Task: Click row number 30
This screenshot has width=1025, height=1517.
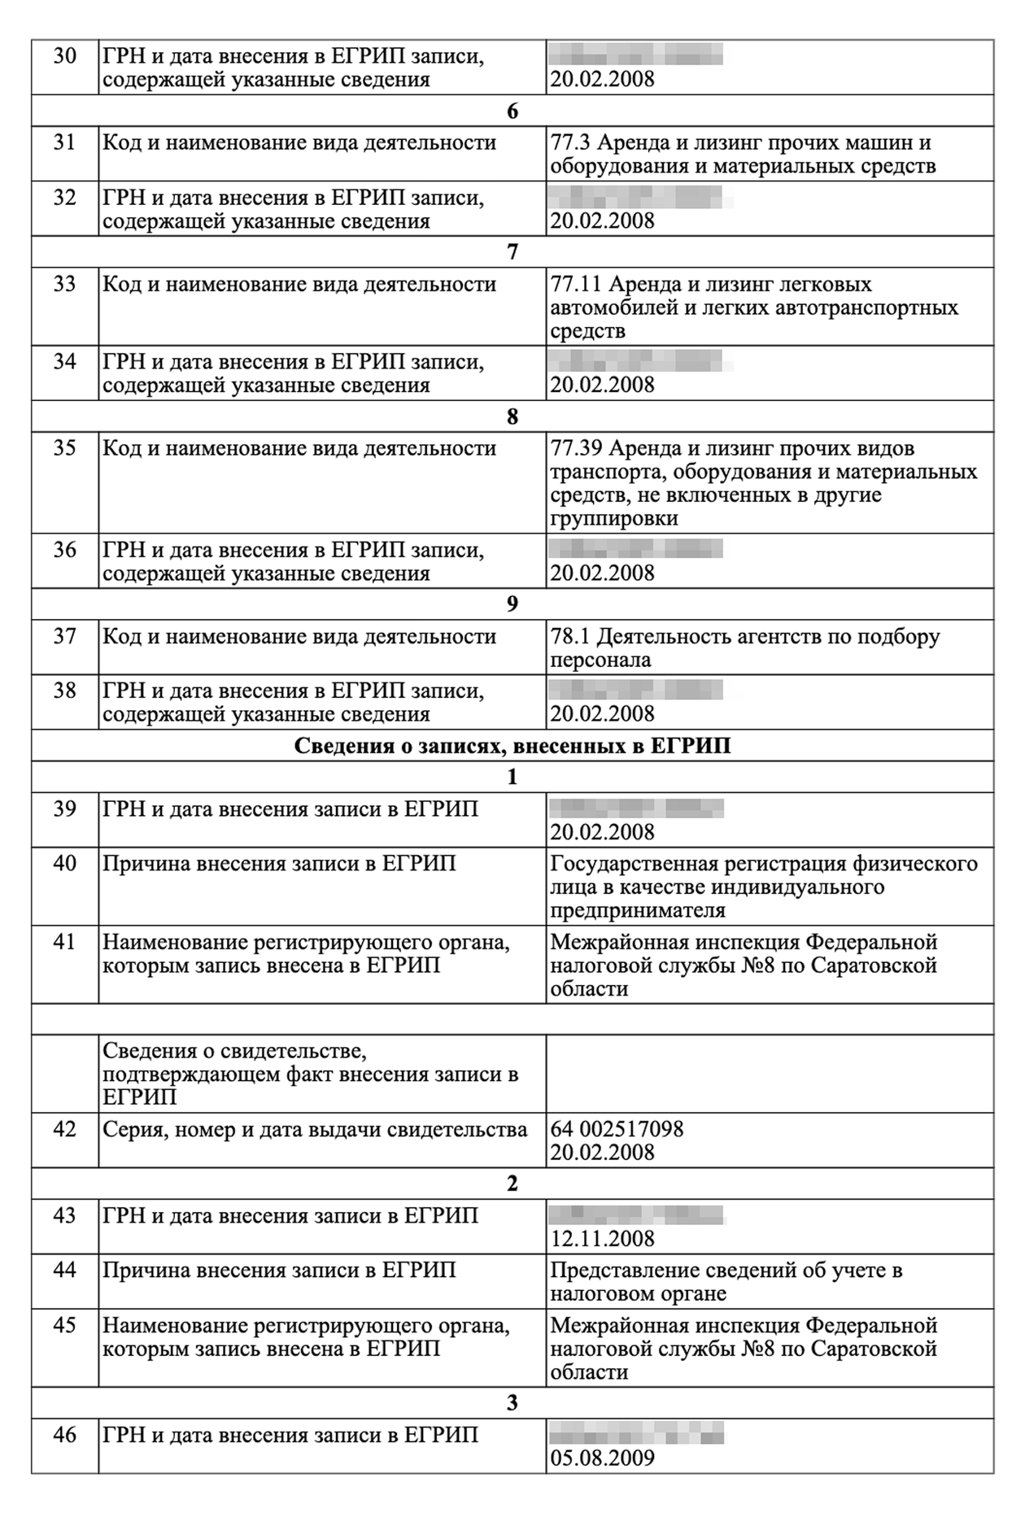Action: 64,56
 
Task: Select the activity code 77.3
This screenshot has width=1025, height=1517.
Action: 570,143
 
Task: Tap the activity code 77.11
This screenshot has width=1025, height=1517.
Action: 575,285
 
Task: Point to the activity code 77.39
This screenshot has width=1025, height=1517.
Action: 575,449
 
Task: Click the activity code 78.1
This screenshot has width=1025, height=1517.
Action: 570,637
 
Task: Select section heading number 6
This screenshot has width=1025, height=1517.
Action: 512,111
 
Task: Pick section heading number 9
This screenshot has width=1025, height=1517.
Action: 512,604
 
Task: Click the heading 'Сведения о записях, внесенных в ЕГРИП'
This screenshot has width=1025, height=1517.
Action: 512,746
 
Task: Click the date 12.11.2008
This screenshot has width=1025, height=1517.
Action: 602,1239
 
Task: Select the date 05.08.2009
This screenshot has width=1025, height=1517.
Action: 602,1458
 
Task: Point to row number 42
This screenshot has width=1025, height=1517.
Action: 64,1130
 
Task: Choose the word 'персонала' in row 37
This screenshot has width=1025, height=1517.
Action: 600,660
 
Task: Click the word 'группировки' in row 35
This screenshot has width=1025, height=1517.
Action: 614,519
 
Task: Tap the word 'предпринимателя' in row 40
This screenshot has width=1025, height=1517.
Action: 637,910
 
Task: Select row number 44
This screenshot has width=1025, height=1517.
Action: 64,1271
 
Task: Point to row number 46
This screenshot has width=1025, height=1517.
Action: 64,1435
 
